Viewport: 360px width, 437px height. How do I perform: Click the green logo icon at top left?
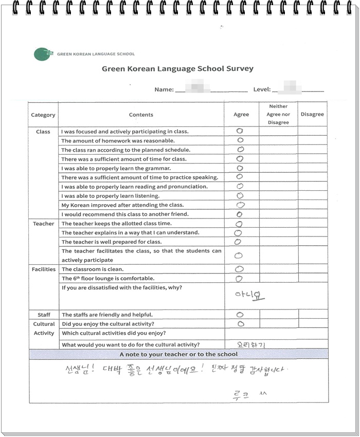[x=43, y=53]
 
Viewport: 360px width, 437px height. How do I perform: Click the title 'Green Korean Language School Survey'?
[x=177, y=68]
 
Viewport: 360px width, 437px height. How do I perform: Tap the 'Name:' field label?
[x=164, y=89]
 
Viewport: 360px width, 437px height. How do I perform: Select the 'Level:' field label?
[x=262, y=89]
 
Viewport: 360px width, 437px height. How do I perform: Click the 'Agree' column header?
[x=241, y=115]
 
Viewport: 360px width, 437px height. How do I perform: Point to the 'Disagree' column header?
[x=312, y=114]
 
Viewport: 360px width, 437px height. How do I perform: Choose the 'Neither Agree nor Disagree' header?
[x=278, y=114]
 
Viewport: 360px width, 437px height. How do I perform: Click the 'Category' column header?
[x=43, y=115]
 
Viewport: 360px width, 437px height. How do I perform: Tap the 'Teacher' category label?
[x=43, y=224]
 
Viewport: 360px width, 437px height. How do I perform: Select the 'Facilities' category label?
[x=43, y=269]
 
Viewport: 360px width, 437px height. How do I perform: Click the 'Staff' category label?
[x=44, y=315]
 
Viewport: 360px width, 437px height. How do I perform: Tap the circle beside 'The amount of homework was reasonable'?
[x=240, y=140]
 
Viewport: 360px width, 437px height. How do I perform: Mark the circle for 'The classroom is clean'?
[x=239, y=269]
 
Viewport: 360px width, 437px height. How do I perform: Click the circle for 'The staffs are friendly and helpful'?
[x=240, y=315]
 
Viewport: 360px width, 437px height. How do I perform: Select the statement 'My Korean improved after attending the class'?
[x=122, y=205]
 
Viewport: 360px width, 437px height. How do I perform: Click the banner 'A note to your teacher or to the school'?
[x=178, y=354]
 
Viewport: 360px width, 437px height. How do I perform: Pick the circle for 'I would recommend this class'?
[x=239, y=214]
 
